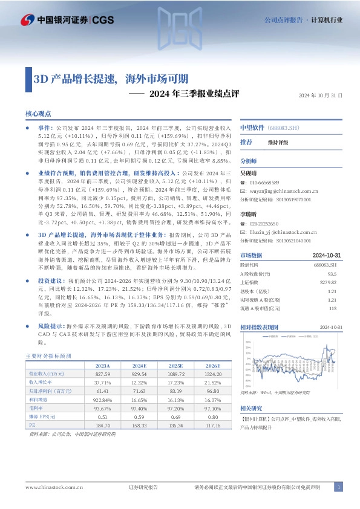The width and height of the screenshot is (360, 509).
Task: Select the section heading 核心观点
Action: point(38,113)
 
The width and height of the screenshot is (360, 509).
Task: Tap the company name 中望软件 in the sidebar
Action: point(252,128)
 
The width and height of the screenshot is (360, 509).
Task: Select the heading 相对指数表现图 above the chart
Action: point(259,326)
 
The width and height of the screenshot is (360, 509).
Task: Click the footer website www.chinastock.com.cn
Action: point(54,487)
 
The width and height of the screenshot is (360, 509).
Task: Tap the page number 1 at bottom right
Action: point(339,487)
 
